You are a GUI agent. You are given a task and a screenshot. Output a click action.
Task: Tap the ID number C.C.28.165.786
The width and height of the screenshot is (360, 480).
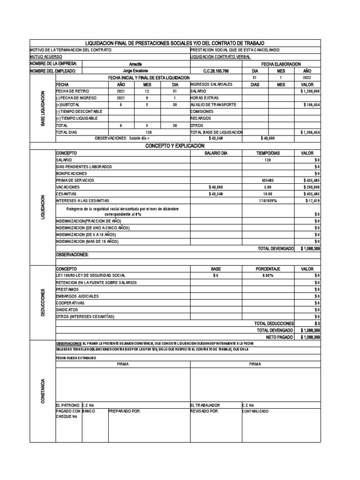pyautogui.click(x=216, y=71)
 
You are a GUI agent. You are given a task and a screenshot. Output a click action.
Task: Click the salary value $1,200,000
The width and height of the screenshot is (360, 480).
pyautogui.click(x=310, y=91)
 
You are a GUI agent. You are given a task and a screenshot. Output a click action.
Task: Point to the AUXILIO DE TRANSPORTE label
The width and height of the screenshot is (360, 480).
pyautogui.click(x=213, y=105)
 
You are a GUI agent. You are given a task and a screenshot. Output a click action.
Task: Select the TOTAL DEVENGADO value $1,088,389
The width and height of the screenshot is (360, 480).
pyautogui.click(x=310, y=248)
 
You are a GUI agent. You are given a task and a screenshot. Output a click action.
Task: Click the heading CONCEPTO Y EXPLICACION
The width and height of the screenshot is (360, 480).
pyautogui.click(x=175, y=146)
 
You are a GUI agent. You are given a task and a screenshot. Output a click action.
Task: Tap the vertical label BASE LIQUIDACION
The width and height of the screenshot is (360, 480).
pyautogui.click(x=43, y=109)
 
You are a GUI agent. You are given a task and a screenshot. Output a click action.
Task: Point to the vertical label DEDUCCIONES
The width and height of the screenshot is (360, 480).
pyautogui.click(x=43, y=303)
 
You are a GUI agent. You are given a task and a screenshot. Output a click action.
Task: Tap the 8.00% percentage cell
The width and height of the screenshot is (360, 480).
pyautogui.click(x=268, y=276)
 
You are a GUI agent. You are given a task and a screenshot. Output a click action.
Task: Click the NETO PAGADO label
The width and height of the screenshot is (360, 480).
pyautogui.click(x=280, y=337)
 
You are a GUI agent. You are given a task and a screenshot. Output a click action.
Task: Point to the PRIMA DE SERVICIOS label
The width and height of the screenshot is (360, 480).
pyautogui.click(x=75, y=180)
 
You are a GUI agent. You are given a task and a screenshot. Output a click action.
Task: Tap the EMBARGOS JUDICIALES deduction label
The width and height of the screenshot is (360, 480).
pyautogui.click(x=77, y=296)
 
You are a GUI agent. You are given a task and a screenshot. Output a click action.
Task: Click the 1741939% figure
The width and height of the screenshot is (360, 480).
pyautogui.click(x=268, y=201)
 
